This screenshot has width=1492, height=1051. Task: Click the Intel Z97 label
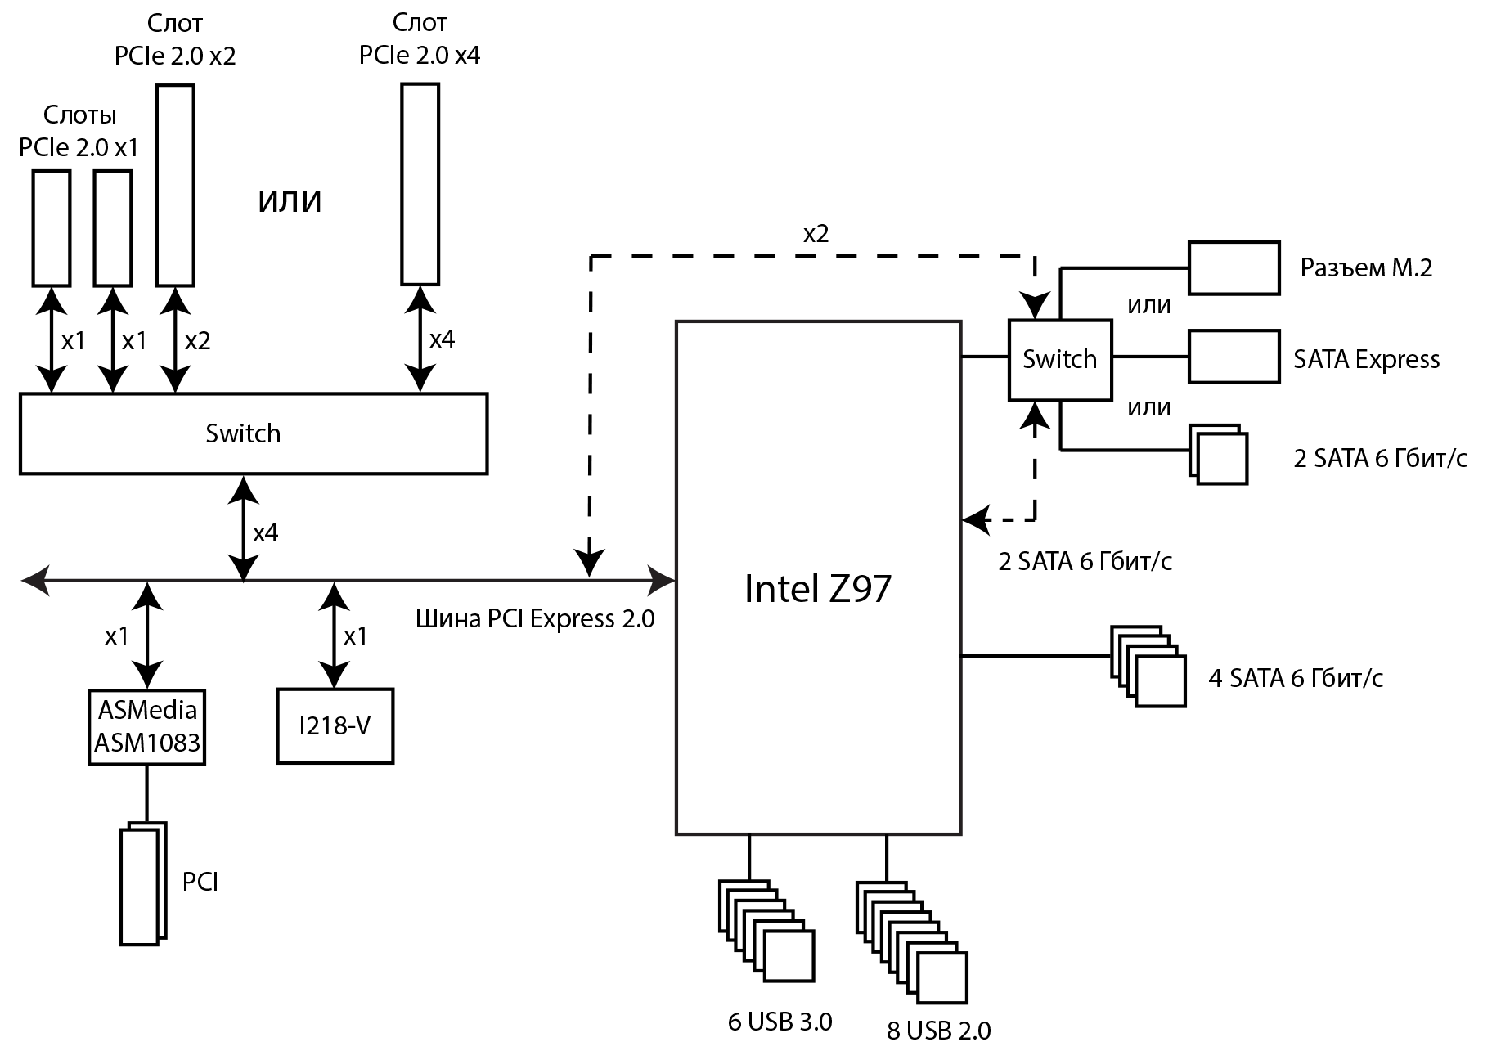coord(817,589)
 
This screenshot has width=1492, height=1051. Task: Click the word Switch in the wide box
coord(243,433)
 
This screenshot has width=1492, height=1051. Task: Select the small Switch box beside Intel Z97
coord(1059,360)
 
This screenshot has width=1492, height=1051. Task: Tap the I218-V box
coord(335,726)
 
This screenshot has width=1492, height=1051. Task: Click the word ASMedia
coord(147,709)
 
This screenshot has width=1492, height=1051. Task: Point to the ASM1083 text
coord(147,743)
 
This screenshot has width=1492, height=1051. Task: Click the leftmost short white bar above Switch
coord(51,228)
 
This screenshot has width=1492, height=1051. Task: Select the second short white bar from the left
coord(112,228)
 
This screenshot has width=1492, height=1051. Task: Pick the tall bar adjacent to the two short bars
coord(175,185)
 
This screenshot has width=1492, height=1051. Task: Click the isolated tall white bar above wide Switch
coord(420,184)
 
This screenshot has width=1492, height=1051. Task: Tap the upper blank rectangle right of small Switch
coord(1234,267)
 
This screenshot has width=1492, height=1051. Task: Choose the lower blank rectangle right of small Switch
coord(1234,356)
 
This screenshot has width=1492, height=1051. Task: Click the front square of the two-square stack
coord(1223,459)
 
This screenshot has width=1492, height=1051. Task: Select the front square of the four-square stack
coord(1161,681)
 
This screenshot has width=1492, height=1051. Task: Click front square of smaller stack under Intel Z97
coord(789,956)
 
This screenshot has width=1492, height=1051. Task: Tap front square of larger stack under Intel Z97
coord(942,977)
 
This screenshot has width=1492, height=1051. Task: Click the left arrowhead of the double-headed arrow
coord(34,581)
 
